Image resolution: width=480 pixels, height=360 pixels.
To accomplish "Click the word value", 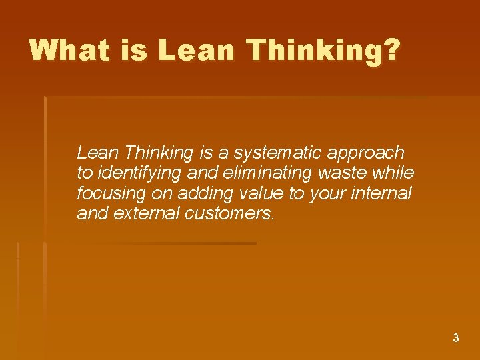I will coord(250,194).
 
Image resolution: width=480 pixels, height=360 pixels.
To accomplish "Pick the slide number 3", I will coord(456,338).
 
